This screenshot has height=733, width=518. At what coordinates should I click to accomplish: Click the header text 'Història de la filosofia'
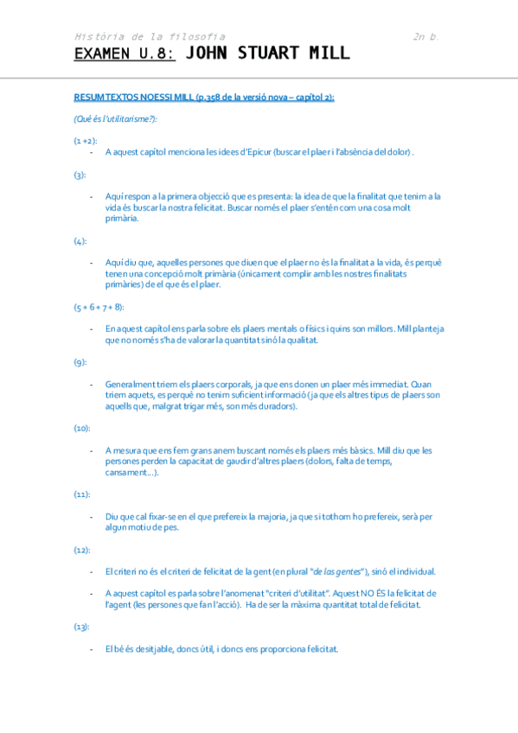[150, 37]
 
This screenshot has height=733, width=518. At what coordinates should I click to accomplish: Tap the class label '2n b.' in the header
[426, 37]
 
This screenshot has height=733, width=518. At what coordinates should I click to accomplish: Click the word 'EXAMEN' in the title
[101, 54]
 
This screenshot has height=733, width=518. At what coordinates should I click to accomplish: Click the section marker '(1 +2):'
[86, 139]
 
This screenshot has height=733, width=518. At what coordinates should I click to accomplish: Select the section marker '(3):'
[80, 175]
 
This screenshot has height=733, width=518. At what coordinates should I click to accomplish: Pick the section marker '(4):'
[80, 241]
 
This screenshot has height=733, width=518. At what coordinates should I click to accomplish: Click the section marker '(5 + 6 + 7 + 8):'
[99, 307]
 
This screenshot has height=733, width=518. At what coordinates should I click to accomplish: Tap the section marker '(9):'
[80, 362]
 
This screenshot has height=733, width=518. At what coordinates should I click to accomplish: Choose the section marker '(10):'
[83, 428]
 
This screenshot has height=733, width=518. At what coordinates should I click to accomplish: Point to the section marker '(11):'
[83, 494]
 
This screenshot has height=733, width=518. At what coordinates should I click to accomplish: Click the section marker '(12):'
[83, 550]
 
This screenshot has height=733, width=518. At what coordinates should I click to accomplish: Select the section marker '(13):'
[83, 627]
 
